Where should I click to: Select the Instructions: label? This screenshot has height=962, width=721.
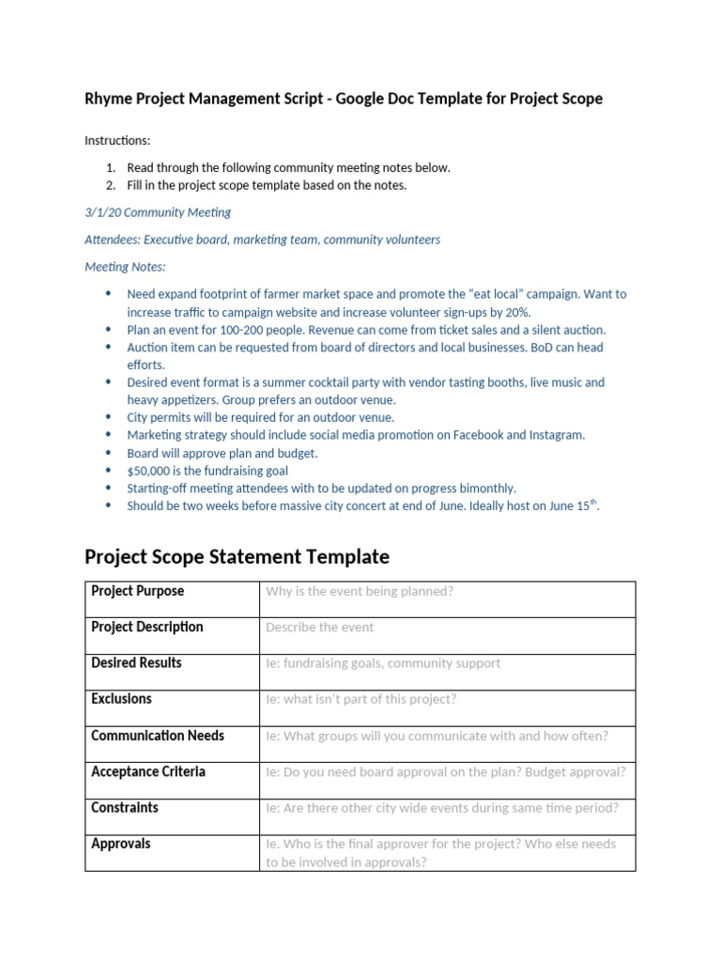click(117, 141)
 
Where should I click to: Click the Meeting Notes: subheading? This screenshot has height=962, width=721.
click(125, 267)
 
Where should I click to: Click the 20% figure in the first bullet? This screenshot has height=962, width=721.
click(515, 312)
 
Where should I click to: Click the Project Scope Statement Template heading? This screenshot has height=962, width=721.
click(237, 556)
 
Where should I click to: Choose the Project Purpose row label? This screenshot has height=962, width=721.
click(137, 591)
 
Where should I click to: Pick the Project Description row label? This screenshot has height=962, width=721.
click(146, 627)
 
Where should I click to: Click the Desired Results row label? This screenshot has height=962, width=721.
click(136, 662)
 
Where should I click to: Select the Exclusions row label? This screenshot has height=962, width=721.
click(121, 699)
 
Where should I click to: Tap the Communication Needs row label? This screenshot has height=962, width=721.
click(158, 736)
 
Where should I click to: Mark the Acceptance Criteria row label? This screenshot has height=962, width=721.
click(148, 771)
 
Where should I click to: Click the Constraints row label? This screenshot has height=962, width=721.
click(125, 807)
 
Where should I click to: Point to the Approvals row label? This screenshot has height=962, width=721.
click(120, 844)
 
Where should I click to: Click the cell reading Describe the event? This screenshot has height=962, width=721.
click(319, 628)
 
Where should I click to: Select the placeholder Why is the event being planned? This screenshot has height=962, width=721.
click(360, 592)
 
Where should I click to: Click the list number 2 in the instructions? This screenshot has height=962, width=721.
click(111, 185)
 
